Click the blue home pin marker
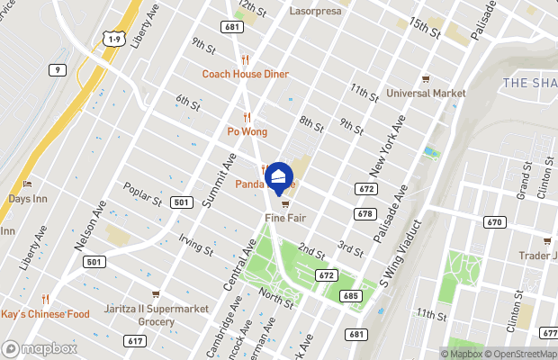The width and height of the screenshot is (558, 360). pos(280,177)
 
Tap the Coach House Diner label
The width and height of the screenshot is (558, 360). pos(245,74)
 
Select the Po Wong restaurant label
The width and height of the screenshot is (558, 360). pos(247,131)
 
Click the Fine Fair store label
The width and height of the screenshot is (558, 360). pos(284,218)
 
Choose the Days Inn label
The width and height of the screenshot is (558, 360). pos(27,198)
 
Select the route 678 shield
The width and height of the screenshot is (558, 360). pos(364,213)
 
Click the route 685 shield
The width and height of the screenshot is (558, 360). pos(350,295)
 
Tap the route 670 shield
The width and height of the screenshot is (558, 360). pos(493,222)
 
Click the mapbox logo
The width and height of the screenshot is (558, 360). pos(40,348)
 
